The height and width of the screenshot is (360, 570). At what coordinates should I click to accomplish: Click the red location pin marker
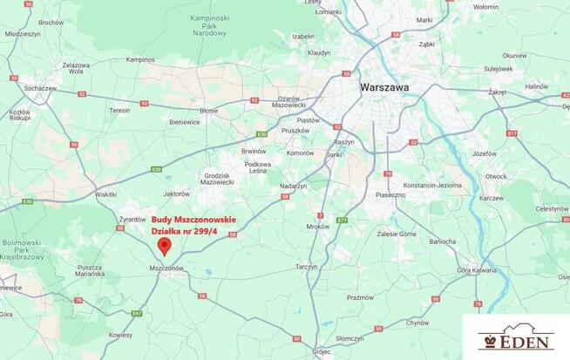(x=164, y=246)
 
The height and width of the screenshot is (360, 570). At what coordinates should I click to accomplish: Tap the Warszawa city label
(x=384, y=87)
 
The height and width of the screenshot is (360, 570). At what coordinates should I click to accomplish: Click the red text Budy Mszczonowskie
(x=193, y=220)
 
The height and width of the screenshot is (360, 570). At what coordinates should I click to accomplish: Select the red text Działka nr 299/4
(x=187, y=231)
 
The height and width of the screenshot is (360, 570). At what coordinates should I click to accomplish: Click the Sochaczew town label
(x=40, y=88)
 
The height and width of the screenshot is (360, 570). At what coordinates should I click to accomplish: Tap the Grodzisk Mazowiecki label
(x=216, y=179)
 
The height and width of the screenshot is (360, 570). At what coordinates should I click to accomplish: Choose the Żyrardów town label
(x=132, y=219)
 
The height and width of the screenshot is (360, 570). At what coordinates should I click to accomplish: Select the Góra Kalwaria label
(x=477, y=270)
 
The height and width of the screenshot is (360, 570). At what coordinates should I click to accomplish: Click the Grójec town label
(x=322, y=353)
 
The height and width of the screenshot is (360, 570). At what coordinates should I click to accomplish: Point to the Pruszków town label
(x=295, y=130)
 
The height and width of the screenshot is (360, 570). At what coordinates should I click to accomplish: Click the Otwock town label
(x=495, y=176)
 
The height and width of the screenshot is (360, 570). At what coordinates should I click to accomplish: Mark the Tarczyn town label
(x=307, y=267)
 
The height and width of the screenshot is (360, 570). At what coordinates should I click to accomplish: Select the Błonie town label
(x=209, y=111)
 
